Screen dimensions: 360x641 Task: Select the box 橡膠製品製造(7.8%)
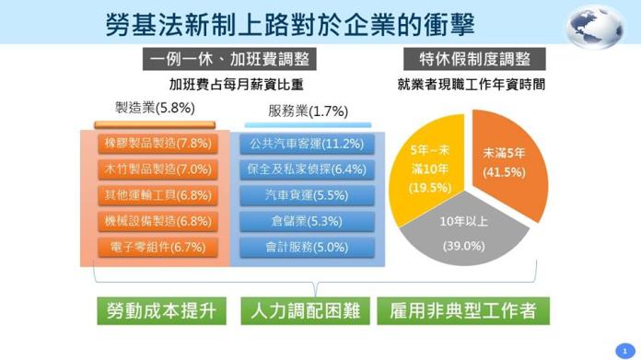tap(157, 144)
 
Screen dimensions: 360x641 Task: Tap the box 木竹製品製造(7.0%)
tap(157, 169)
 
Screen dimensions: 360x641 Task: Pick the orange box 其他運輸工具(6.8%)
tap(157, 195)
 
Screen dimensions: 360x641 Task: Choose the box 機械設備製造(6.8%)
tap(157, 221)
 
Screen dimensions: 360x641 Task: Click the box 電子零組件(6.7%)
tap(157, 247)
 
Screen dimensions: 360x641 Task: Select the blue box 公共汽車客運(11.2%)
tap(307, 144)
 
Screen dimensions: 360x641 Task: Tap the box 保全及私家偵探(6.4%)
tap(307, 169)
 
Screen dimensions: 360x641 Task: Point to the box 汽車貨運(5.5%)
tap(307, 195)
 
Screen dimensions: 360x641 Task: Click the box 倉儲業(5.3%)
tap(307, 221)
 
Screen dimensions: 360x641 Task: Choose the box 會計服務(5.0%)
tap(307, 247)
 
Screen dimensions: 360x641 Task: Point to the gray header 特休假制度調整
tap(473, 60)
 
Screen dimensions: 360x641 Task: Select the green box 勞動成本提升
tap(161, 311)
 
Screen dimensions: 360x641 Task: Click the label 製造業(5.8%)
tap(155, 107)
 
